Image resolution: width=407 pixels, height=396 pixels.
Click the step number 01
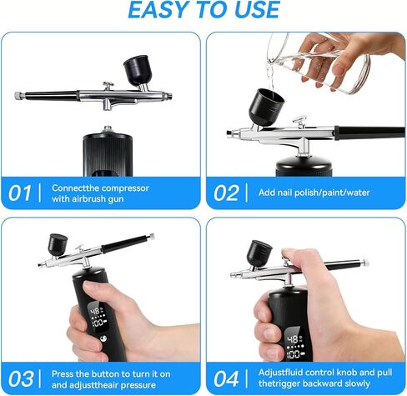19,193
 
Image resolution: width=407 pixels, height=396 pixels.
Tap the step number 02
226,193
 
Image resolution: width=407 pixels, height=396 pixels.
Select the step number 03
21,378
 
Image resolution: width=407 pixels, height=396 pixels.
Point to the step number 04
226,378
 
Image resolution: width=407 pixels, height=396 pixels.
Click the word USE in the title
257,10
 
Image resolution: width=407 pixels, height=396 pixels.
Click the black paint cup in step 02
266,108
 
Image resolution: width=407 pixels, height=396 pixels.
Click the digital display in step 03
97,317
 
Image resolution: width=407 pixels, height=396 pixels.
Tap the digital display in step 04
294,345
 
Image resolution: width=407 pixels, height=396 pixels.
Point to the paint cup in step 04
259,253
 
